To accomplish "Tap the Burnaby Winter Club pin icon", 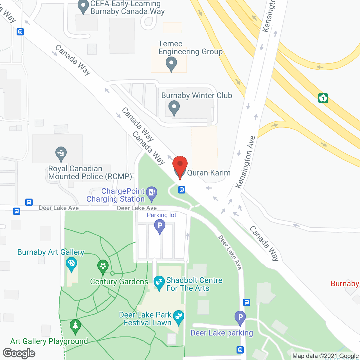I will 174,107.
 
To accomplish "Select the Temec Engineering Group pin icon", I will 171,63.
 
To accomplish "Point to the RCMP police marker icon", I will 61,153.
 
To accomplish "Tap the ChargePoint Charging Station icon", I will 152,193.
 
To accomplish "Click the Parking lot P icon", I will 160,226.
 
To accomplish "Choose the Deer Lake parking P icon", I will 240,318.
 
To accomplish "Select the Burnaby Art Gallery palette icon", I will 71,264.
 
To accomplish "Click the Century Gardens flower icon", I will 103,266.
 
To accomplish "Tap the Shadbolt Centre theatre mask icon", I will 159,282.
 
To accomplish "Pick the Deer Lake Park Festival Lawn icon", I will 178,317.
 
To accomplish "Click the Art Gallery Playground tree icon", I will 75,326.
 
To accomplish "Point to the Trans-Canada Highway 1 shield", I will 323,98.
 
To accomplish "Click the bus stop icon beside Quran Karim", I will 182,190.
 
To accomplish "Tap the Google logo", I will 19,353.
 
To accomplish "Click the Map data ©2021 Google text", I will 326,356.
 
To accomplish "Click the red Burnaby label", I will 345,283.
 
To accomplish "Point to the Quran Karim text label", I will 209,173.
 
